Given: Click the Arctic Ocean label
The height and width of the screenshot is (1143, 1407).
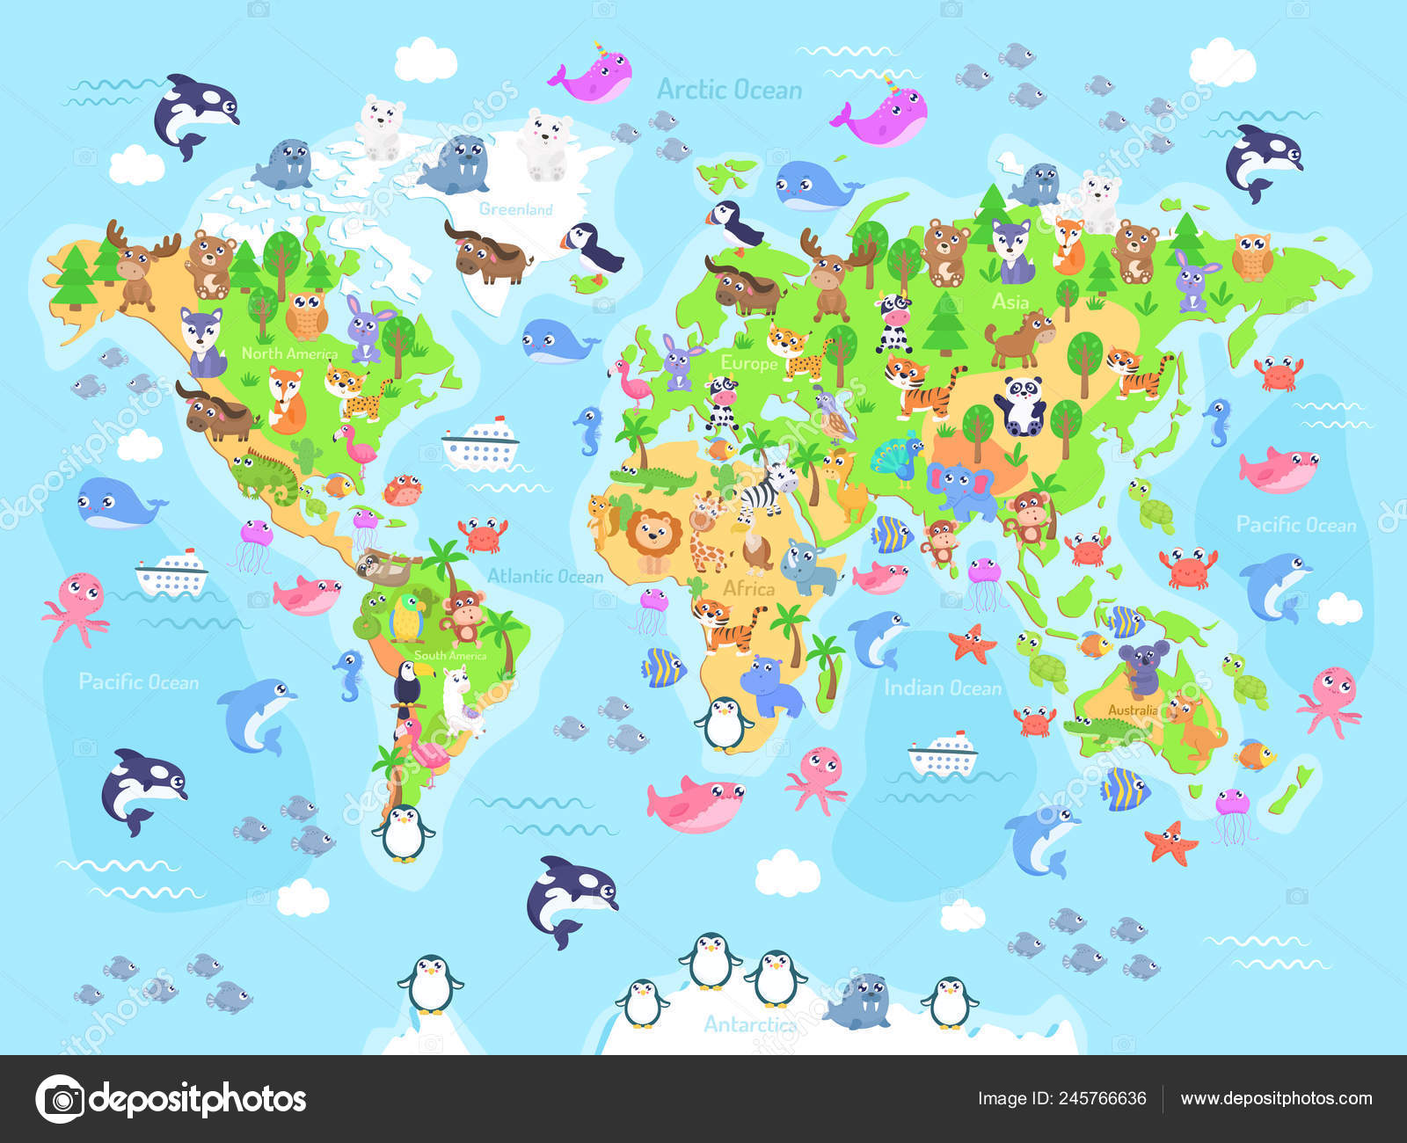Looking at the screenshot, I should point(729,90).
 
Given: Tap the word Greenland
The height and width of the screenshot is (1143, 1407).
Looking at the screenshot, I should point(515,209).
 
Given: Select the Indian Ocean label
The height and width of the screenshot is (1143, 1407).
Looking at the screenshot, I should point(942,688).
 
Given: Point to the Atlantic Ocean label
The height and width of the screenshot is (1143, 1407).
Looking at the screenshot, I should point(545,576).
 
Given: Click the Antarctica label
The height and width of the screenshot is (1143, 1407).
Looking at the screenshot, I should point(749,1024).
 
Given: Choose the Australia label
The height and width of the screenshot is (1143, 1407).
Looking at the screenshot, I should point(1133,710).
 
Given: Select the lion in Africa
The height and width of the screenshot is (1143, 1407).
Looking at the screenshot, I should point(653,538).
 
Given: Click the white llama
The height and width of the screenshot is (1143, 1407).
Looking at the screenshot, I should point(458,700).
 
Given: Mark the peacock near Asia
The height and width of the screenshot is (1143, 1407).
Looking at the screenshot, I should point(896,459).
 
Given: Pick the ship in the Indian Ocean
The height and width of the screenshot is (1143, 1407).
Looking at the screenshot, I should point(943,754).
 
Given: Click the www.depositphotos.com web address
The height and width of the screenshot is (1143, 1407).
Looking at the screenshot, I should point(1276,1098).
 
